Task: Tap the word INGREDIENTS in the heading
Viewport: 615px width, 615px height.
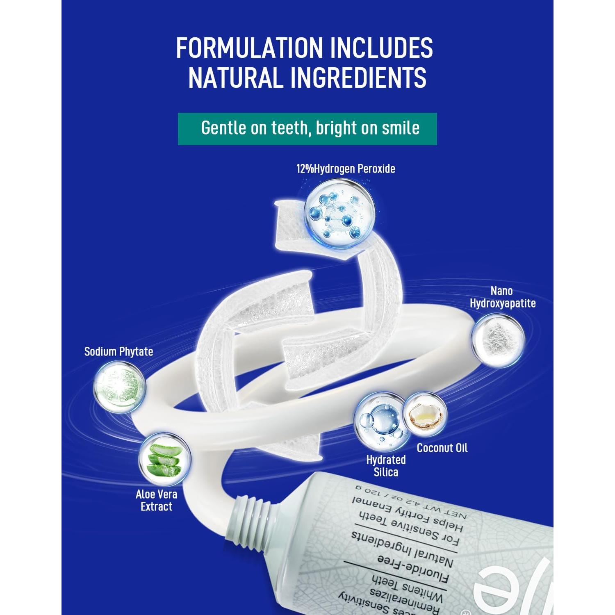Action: (x=358, y=77)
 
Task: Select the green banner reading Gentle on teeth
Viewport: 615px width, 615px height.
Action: (x=307, y=129)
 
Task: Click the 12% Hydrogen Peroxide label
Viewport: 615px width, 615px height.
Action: (x=346, y=169)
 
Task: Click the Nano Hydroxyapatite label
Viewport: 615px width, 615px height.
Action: (x=502, y=297)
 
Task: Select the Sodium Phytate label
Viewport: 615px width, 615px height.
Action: (x=118, y=351)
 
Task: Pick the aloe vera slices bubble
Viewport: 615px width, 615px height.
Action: (x=164, y=460)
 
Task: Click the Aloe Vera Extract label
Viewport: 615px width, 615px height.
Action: (x=156, y=500)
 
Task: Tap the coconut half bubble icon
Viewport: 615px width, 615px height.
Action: (x=425, y=415)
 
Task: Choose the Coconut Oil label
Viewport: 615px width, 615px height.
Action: (x=442, y=448)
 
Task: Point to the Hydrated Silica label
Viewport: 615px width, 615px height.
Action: (x=386, y=466)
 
